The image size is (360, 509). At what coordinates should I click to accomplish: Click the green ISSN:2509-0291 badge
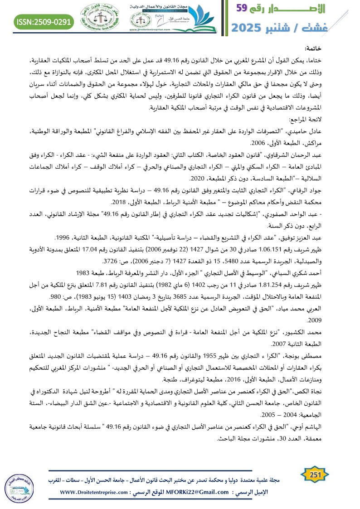[44, 22]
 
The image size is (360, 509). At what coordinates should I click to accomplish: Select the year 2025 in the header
[250, 27]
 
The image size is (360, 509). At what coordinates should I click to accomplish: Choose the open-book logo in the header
[193, 15]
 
